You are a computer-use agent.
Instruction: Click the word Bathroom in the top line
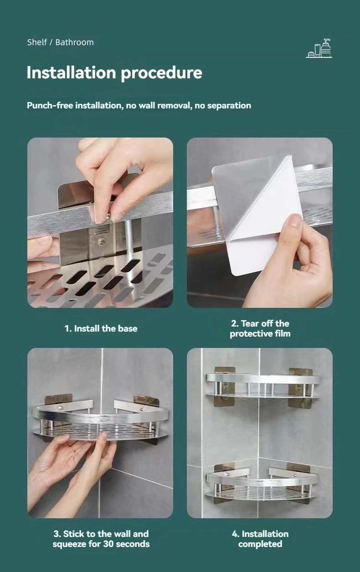pyautogui.click(x=74, y=42)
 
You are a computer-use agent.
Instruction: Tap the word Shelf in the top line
pyautogui.click(x=37, y=42)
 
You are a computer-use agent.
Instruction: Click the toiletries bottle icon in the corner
pyautogui.click(x=319, y=48)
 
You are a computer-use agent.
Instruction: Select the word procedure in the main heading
pyautogui.click(x=161, y=73)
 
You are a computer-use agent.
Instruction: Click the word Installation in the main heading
pyautogui.click(x=72, y=72)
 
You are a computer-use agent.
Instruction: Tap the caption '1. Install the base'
pyautogui.click(x=101, y=328)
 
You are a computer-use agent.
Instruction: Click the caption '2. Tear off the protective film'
pyautogui.click(x=260, y=328)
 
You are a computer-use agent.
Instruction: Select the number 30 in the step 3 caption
pyautogui.click(x=108, y=544)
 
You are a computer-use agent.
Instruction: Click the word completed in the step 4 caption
pyautogui.click(x=260, y=544)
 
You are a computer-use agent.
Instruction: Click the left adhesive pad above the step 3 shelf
pyautogui.click(x=58, y=399)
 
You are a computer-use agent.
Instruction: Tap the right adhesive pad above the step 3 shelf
pyautogui.click(x=146, y=400)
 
